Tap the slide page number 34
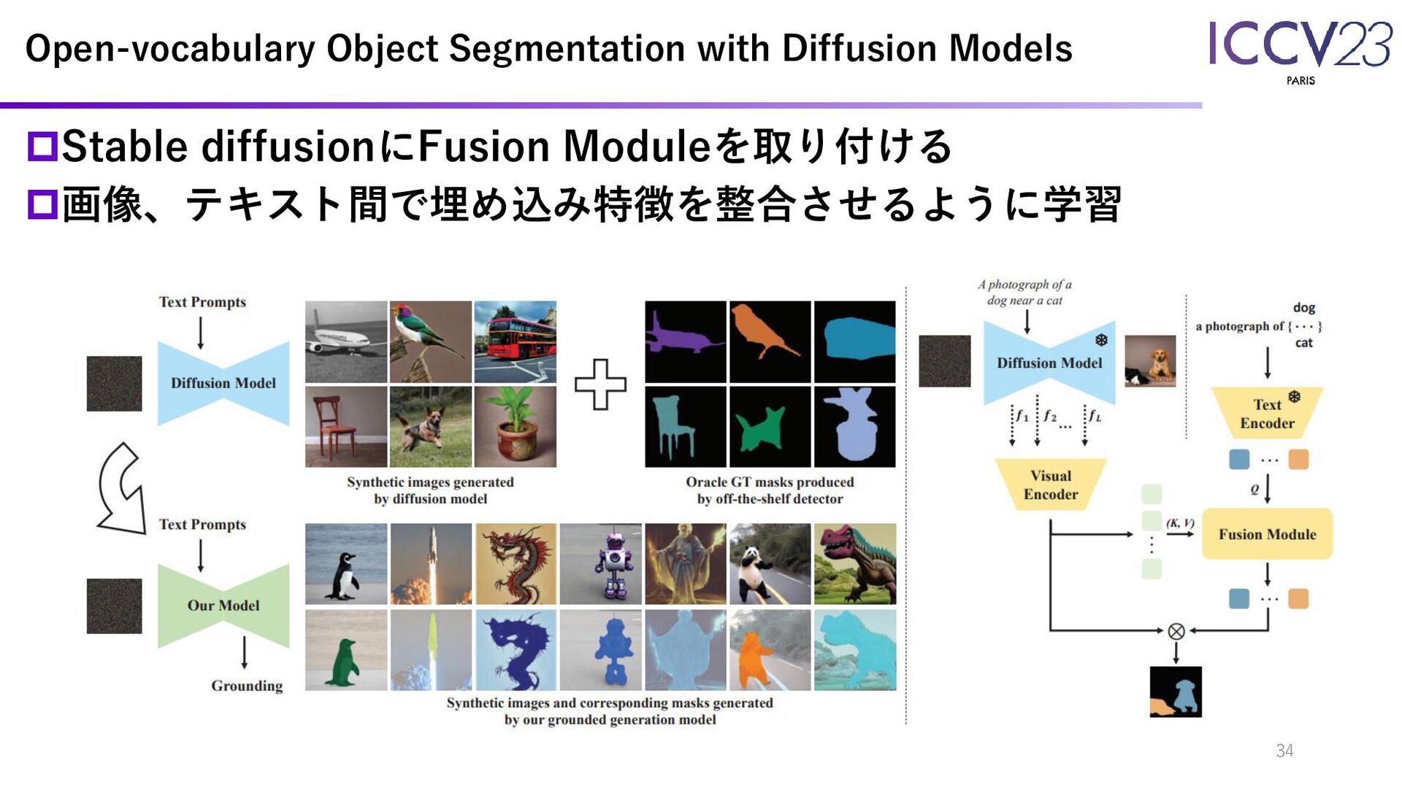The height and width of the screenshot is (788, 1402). [1284, 750]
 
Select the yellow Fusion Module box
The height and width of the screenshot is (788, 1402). [1267, 534]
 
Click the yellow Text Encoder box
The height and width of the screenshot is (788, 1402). [1267, 413]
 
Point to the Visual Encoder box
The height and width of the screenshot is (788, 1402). [1050, 484]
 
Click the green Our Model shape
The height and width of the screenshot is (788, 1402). [223, 606]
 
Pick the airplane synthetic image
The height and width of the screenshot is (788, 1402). [346, 341]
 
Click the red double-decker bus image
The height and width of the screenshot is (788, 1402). [515, 341]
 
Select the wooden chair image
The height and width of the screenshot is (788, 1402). [346, 427]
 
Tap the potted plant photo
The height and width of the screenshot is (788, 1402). [515, 427]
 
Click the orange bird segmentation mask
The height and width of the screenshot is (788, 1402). [770, 341]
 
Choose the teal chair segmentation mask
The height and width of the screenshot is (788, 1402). [685, 427]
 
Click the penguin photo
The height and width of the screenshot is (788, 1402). [346, 564]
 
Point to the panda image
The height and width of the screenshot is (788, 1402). [770, 564]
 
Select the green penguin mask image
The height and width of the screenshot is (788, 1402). [346, 650]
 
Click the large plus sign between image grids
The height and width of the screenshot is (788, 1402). [600, 384]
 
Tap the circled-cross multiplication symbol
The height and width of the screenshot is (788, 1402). [1176, 631]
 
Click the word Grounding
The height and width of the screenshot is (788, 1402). [247, 686]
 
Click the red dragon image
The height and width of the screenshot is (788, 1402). [516, 564]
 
